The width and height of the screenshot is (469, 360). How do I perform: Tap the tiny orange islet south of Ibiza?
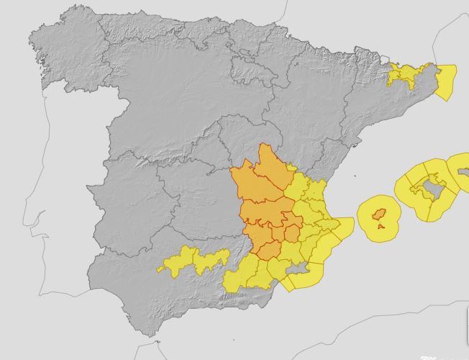(381, 227)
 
